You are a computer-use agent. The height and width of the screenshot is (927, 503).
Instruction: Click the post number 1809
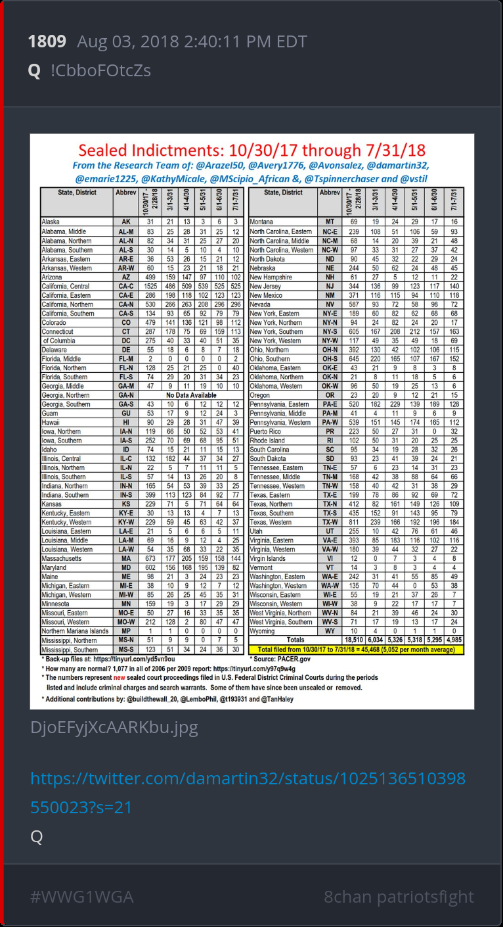point(47,42)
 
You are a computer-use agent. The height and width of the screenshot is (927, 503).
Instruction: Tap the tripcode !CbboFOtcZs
point(100,70)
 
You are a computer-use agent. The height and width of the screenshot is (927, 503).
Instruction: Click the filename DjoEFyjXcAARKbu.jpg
point(114,728)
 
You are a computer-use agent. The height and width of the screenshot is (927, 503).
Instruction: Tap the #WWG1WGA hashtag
point(81,897)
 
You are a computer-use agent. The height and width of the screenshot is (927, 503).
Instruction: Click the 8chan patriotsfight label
point(399,897)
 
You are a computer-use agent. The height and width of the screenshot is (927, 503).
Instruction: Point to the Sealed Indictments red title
point(251,150)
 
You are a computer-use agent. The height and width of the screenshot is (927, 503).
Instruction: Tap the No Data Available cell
point(190,395)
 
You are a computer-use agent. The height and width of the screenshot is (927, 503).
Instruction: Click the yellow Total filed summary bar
point(361,649)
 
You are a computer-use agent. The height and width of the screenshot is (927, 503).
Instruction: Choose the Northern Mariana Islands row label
point(75,631)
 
